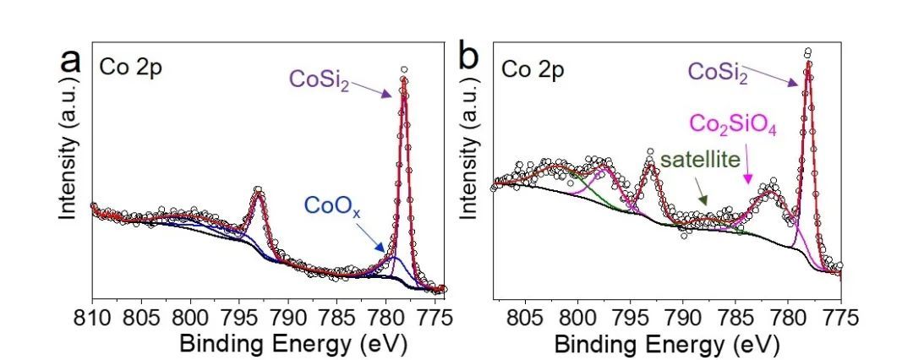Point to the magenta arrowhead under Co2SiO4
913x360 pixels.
(x=747, y=180)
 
